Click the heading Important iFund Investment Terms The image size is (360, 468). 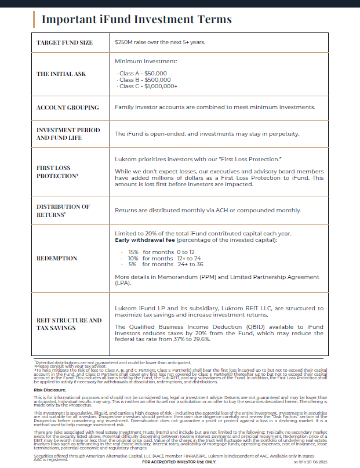136,19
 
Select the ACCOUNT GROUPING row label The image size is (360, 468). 67,107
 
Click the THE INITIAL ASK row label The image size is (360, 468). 61,74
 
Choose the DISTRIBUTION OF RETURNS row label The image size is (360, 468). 63,211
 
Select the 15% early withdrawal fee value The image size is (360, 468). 133,252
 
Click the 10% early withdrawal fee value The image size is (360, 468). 133,258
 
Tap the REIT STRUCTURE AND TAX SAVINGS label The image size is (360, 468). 69,324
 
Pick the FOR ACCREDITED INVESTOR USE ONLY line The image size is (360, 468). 179,462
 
